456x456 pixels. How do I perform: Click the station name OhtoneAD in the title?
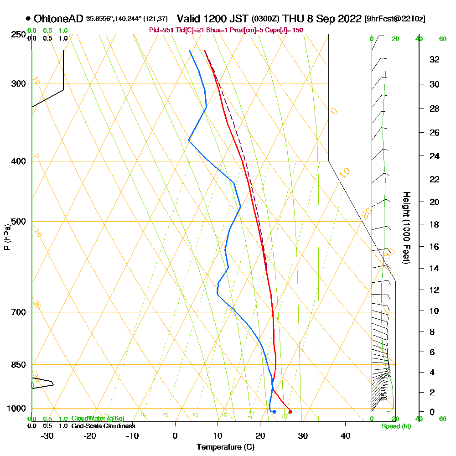59,19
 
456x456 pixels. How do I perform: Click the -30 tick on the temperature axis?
47,436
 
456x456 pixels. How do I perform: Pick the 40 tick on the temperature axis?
346,436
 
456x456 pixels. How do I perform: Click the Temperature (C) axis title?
225,447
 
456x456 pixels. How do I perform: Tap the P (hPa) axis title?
7,237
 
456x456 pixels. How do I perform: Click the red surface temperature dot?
290,412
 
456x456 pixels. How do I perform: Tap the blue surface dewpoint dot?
274,412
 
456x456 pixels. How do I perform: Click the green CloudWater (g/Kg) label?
98,419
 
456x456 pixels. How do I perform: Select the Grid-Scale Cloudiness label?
103,426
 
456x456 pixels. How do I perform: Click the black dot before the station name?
28,19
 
